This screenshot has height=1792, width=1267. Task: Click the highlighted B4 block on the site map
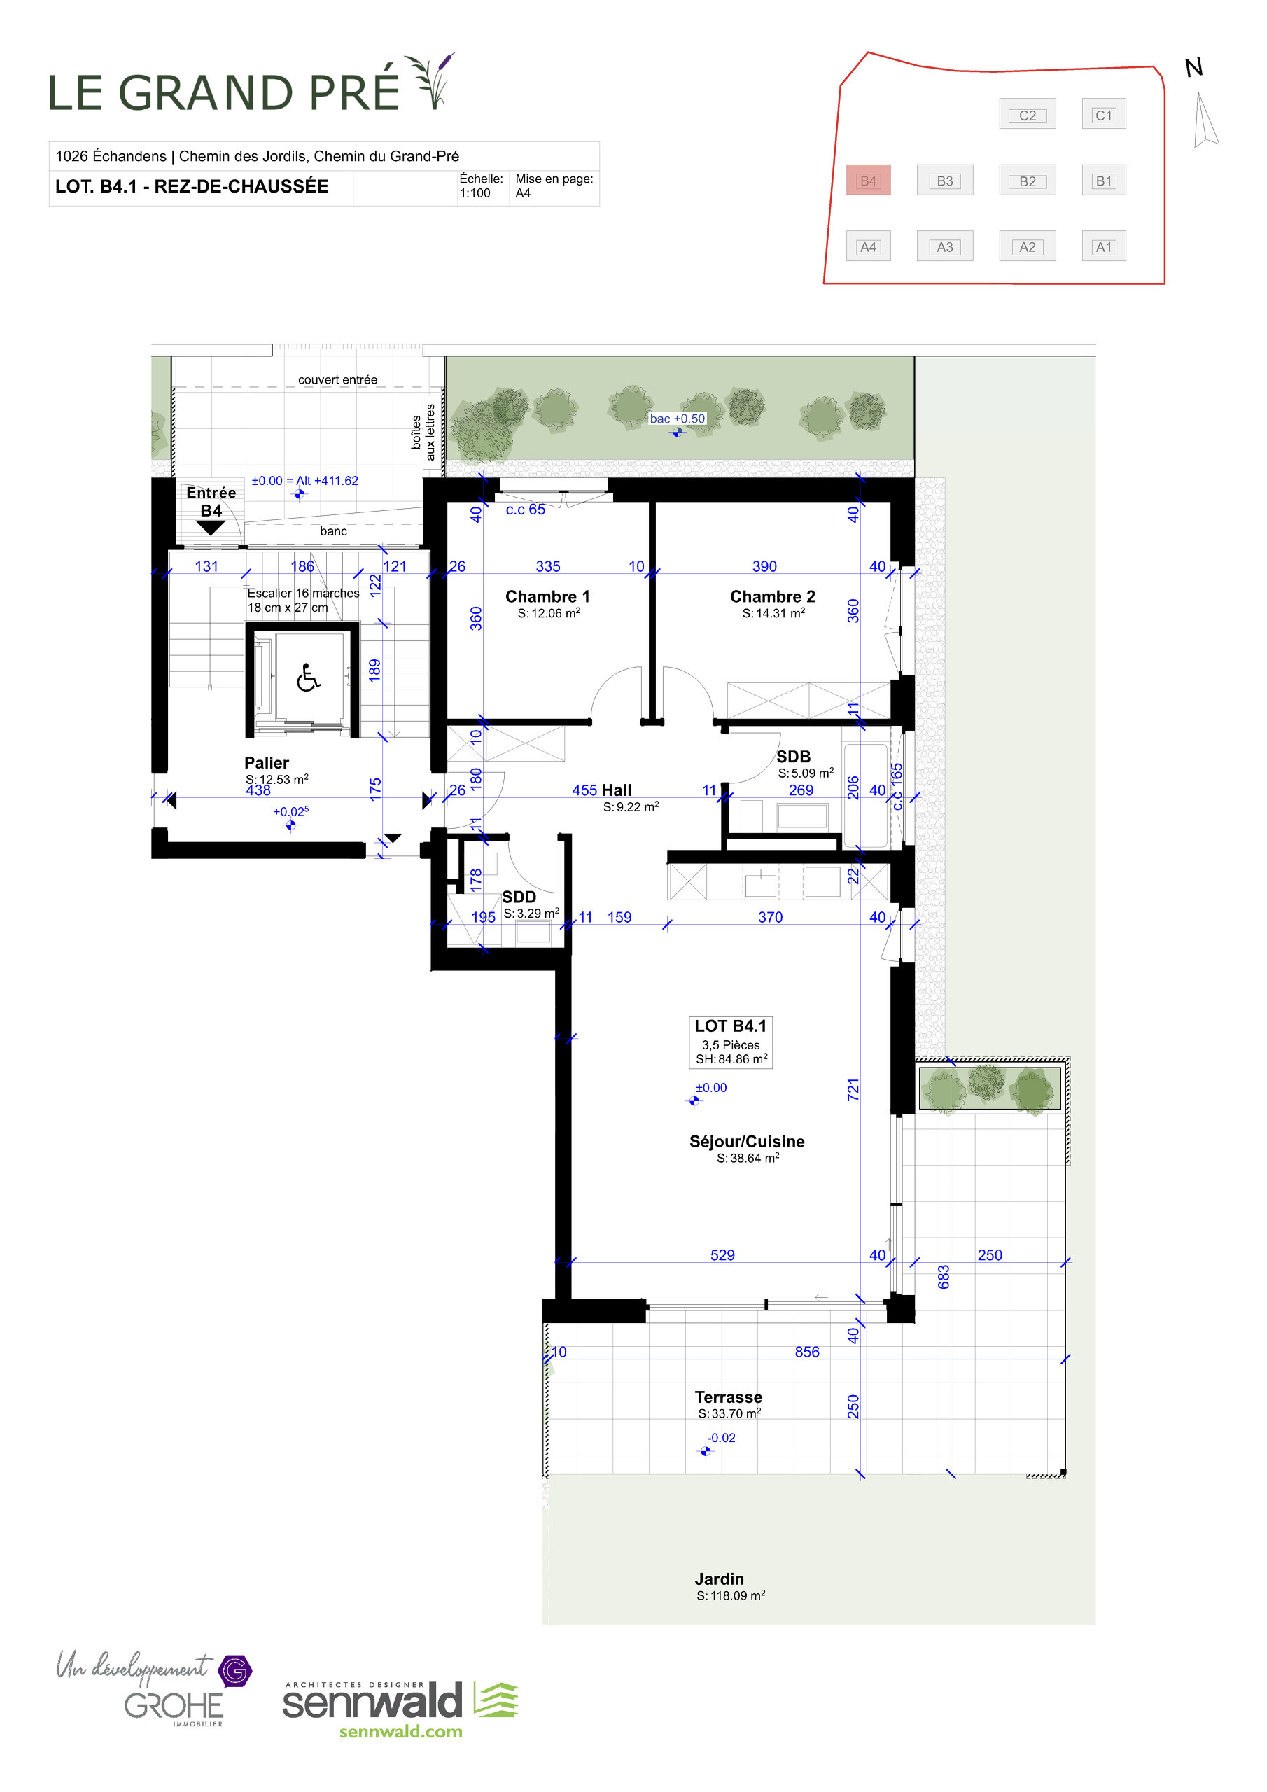tap(868, 181)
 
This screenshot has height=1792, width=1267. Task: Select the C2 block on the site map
tap(1028, 115)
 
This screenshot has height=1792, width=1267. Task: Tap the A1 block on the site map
tap(1103, 246)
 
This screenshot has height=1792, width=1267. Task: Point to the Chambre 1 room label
tap(547, 596)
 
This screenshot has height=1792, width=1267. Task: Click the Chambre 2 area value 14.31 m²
tap(773, 613)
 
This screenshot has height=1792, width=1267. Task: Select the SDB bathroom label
tap(793, 756)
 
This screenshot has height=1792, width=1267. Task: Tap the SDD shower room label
tap(519, 897)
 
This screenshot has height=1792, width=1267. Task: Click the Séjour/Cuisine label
tap(746, 1141)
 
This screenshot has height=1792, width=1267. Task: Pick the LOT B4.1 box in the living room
tap(730, 1041)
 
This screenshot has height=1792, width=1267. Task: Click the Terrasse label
tap(728, 1397)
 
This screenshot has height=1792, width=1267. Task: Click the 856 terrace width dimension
tap(806, 1352)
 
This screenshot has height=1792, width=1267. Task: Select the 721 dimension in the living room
tap(853, 1090)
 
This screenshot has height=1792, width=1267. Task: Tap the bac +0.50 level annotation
tap(677, 419)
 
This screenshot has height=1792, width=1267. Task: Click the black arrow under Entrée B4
tap(210, 528)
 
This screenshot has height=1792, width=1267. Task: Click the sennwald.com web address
tap(400, 1731)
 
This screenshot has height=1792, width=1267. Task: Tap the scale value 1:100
tap(475, 192)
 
